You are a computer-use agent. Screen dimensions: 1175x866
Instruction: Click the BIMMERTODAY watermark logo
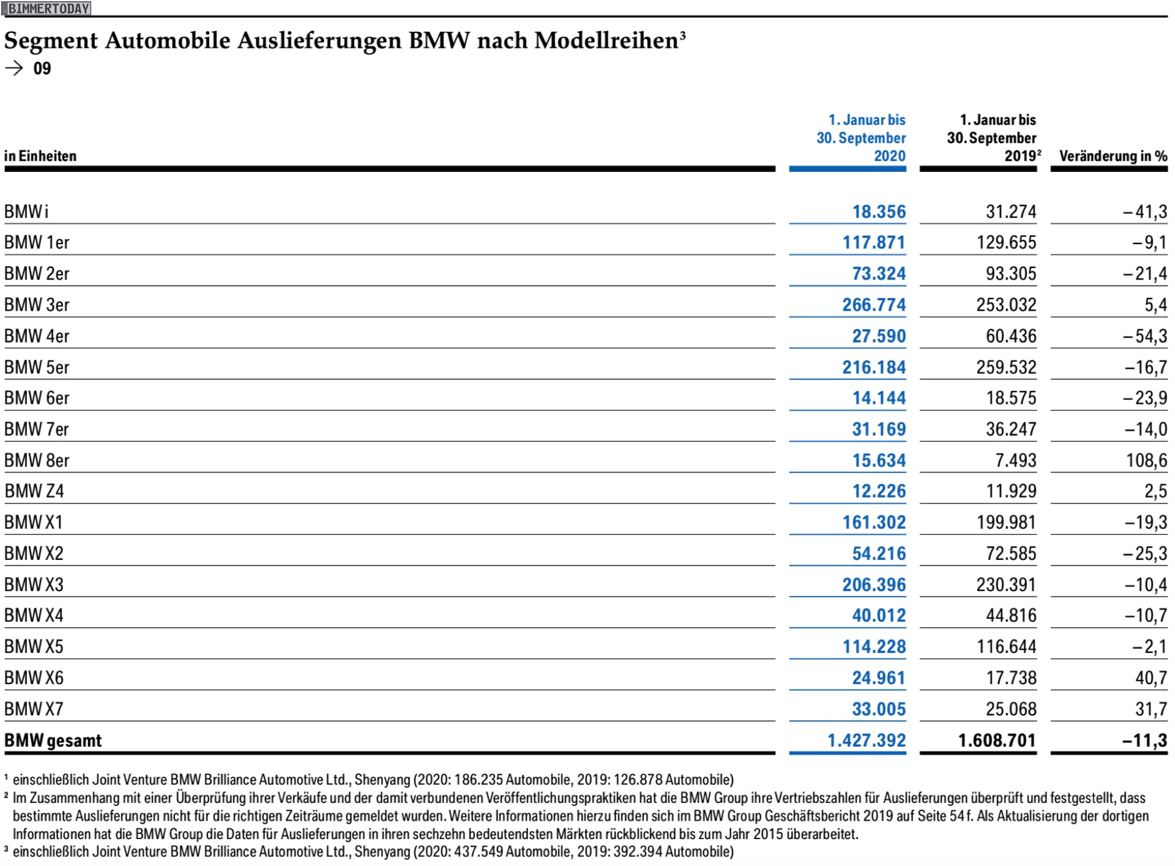(x=47, y=9)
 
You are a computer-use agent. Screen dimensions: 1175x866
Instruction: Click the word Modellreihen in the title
(x=606, y=40)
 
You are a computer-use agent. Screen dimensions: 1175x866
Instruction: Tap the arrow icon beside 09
(x=13, y=68)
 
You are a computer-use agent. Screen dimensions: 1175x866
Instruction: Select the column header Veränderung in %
(x=1113, y=156)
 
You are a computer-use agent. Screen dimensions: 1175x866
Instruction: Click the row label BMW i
(x=26, y=212)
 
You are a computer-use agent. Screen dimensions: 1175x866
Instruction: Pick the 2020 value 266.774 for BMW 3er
(x=874, y=305)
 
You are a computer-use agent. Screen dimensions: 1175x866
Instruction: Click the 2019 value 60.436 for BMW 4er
(x=1011, y=336)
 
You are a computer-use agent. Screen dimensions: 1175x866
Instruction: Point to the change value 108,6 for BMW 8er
(x=1147, y=460)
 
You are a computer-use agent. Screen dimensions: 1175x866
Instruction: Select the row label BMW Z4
(x=34, y=491)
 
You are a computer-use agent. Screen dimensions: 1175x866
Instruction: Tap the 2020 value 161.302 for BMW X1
(x=874, y=522)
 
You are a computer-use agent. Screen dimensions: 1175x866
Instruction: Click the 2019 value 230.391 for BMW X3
(x=1006, y=584)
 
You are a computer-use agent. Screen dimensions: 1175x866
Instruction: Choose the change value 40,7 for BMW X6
(x=1151, y=677)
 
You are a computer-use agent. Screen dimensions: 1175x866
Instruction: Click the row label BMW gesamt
(x=53, y=741)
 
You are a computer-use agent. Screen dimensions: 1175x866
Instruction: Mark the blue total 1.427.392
(x=867, y=741)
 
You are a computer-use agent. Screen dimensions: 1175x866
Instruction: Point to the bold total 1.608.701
(x=998, y=741)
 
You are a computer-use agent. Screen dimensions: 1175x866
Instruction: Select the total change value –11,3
(x=1145, y=741)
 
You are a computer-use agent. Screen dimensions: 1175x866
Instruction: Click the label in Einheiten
(x=40, y=156)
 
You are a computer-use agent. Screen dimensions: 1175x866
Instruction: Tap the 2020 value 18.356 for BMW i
(x=879, y=212)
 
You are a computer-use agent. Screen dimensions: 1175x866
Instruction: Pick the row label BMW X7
(x=34, y=709)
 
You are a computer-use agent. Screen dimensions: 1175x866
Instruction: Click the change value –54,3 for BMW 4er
(x=1145, y=336)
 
